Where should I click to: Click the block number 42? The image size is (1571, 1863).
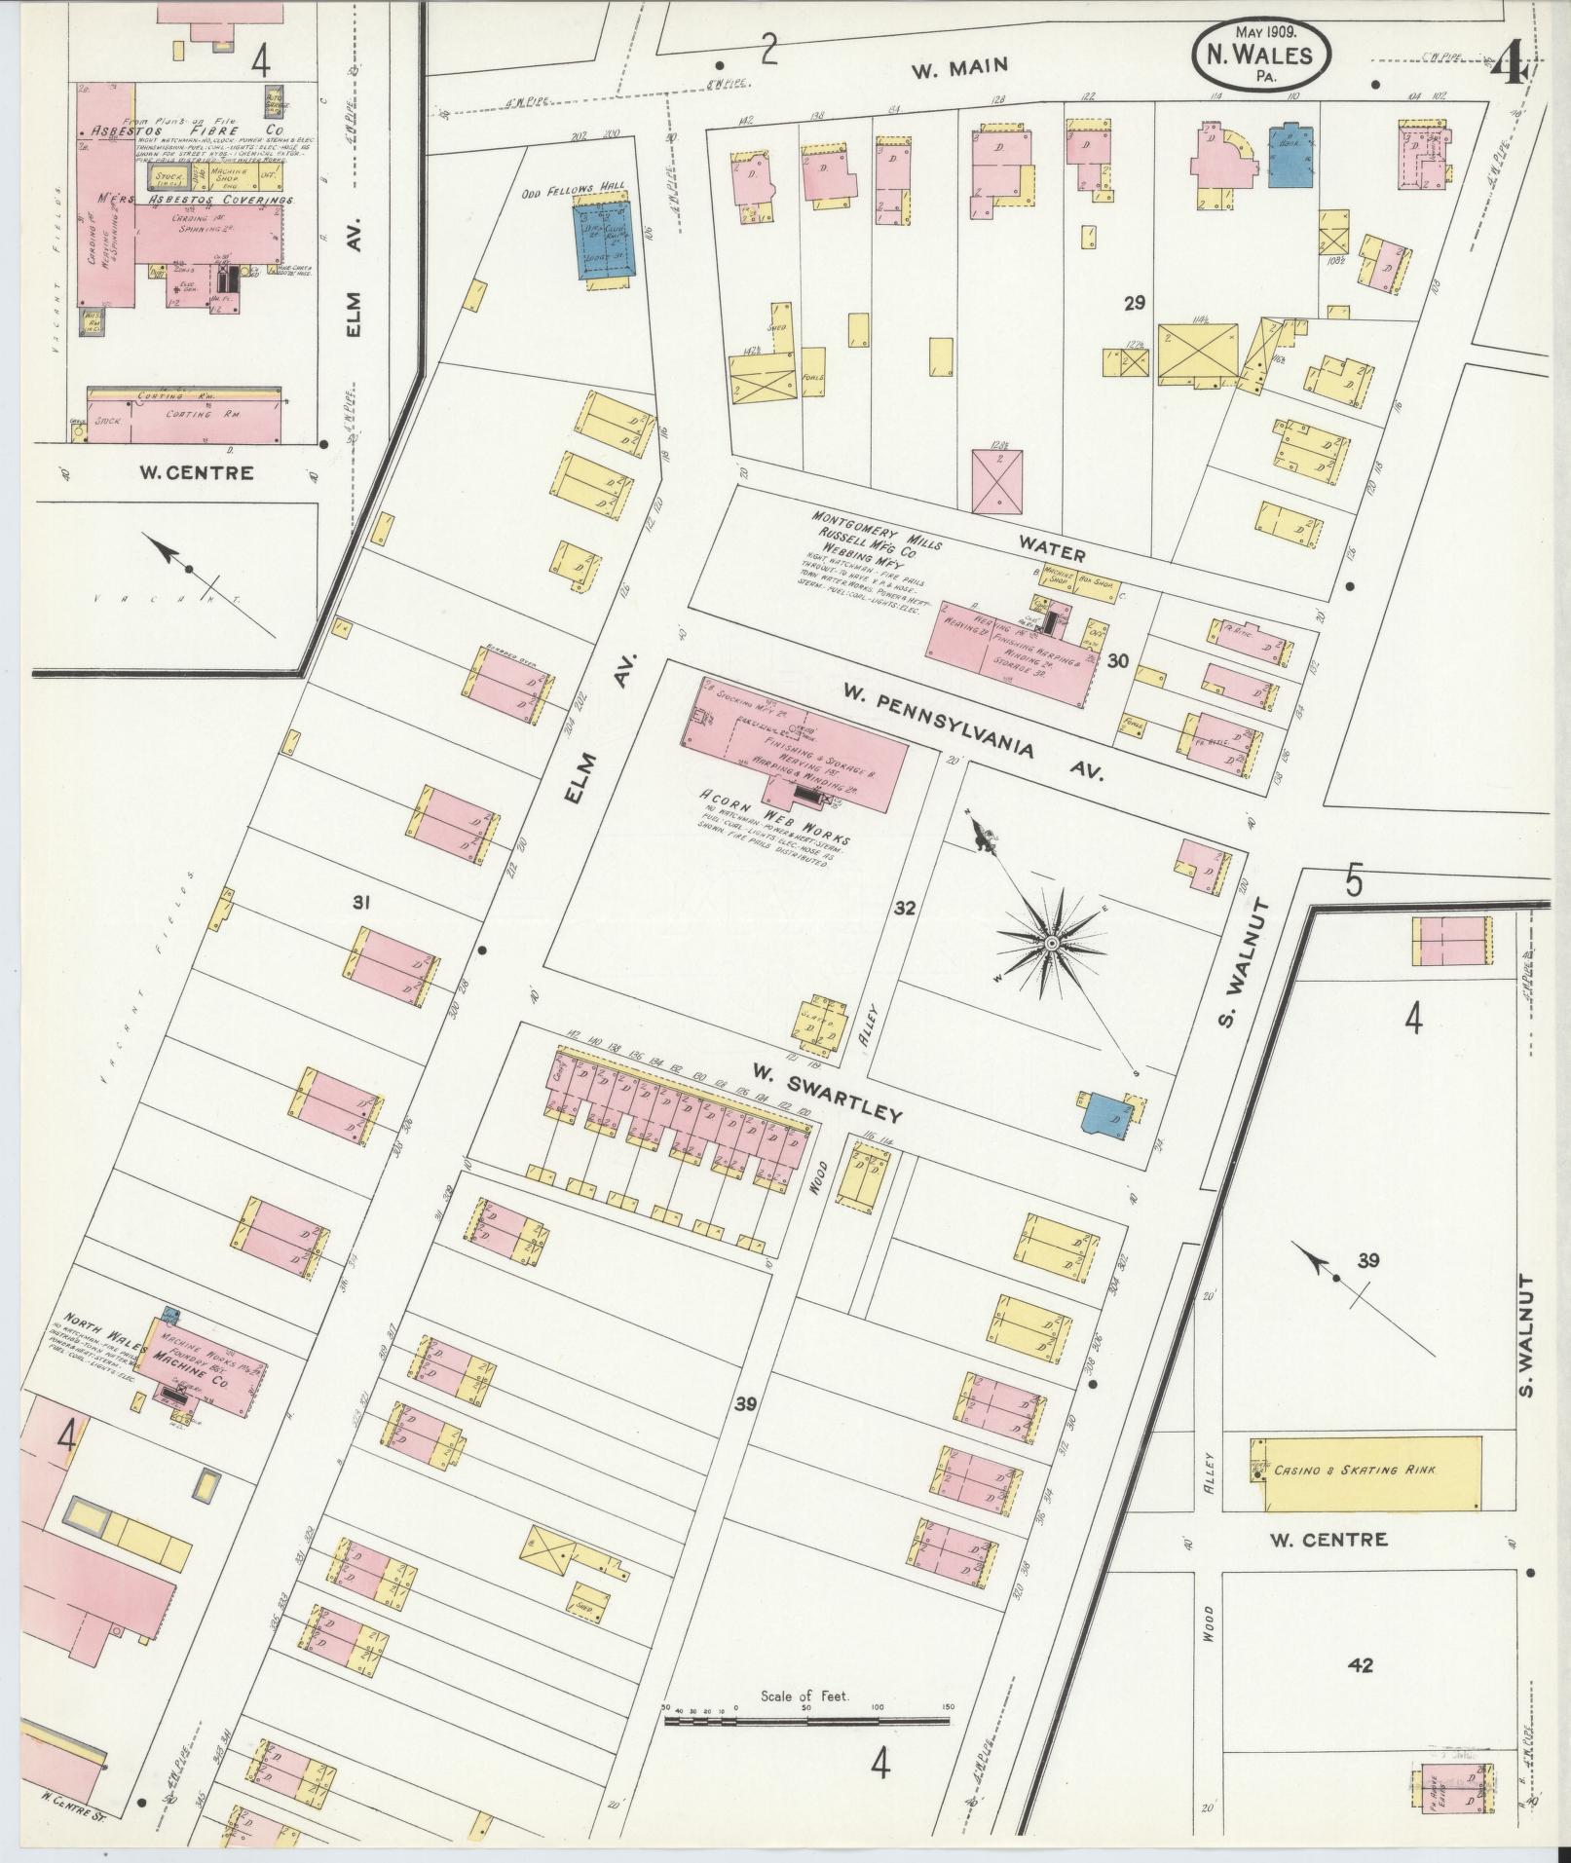click(1361, 1665)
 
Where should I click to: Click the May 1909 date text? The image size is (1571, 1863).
click(1263, 31)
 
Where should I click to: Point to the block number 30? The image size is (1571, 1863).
click(1117, 661)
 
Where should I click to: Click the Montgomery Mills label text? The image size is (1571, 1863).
click(877, 530)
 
